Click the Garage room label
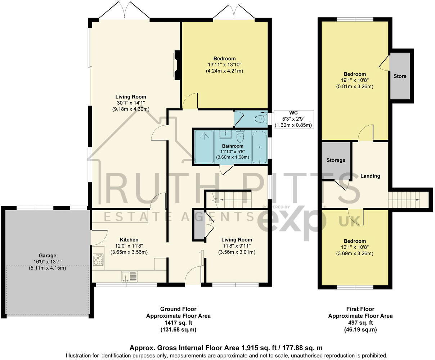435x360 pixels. click(47, 255)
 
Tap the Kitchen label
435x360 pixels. click(129, 240)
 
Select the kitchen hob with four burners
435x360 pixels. click(98, 260)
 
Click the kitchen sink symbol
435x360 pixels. click(129, 276)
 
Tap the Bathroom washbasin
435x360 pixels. click(225, 135)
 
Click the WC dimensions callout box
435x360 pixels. click(293, 119)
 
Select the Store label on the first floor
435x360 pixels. click(400, 76)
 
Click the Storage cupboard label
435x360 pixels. click(336, 160)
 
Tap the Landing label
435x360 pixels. click(370, 176)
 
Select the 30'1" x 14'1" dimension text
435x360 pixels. click(131, 103)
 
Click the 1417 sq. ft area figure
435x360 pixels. click(178, 323)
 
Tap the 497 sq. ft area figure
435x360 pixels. click(360, 323)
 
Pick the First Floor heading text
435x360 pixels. click(360, 309)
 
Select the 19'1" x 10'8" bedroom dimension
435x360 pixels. click(355, 80)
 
